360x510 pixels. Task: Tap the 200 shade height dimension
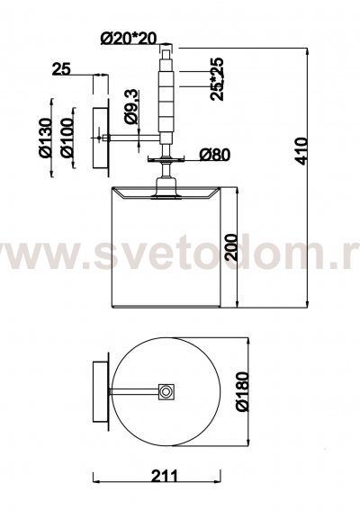coord(231,244)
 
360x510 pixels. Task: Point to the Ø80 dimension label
coord(212,154)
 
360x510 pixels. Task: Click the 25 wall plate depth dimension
coord(61,70)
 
